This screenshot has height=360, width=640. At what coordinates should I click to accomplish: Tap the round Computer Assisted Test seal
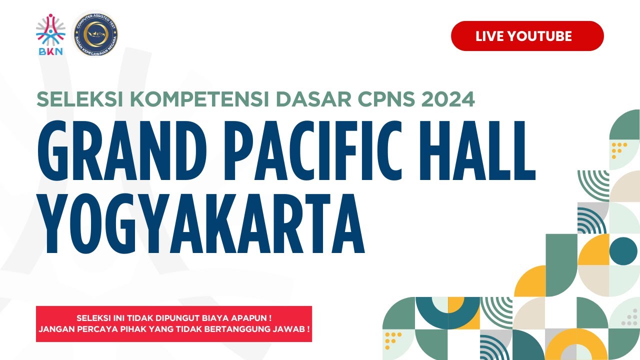(x=95, y=33)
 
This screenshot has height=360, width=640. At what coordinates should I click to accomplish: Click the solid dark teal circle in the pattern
(x=623, y=250)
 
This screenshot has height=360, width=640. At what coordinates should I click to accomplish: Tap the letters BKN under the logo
(x=50, y=51)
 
